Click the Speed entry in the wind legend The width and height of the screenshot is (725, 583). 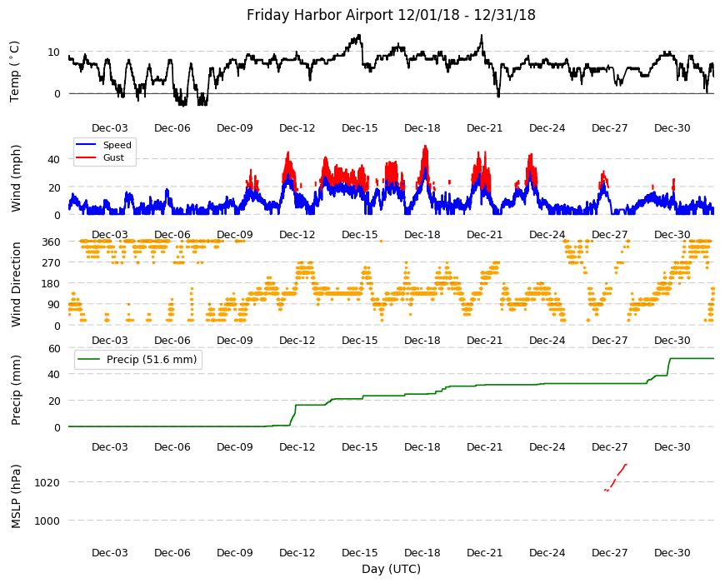point(117,145)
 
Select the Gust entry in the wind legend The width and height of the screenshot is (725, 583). point(113,157)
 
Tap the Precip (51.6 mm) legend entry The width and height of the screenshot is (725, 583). point(151,360)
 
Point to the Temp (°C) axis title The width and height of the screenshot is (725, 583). point(15,72)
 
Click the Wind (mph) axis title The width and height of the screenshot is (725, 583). point(16,178)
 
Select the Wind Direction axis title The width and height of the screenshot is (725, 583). point(16,285)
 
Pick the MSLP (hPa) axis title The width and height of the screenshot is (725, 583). point(16,496)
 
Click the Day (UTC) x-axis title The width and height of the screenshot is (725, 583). point(391,569)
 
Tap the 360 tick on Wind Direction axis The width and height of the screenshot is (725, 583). point(51,242)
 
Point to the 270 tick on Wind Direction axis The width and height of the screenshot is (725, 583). point(51,263)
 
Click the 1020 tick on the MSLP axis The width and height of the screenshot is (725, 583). point(47,483)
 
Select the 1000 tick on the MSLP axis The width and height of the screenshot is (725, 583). point(47,521)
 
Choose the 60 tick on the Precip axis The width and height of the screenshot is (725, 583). point(54,348)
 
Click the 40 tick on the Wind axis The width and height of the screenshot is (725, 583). point(53,159)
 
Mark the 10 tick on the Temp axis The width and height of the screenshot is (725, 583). point(53,52)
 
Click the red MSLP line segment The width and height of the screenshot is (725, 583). point(616,478)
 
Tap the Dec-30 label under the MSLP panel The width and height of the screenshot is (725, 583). point(672,552)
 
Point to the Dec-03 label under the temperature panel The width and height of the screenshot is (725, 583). point(109,128)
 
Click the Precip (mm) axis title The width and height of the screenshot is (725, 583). point(16,391)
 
